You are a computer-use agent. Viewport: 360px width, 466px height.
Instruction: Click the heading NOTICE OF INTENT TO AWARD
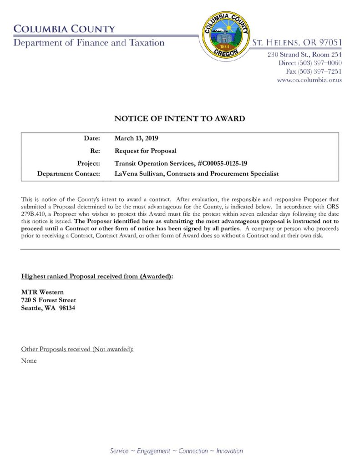pyautogui.click(x=179, y=119)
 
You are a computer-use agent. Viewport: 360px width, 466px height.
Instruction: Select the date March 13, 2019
pyautogui.click(x=136, y=138)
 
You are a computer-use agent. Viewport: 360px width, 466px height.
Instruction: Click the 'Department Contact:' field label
pyautogui.click(x=68, y=174)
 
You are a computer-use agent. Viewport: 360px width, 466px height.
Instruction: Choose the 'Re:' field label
pyautogui.click(x=95, y=151)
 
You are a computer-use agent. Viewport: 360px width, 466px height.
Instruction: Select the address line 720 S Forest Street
pyautogui.click(x=49, y=300)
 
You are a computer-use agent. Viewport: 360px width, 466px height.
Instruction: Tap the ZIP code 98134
pyautogui.click(x=67, y=308)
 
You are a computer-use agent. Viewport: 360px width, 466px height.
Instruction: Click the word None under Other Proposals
pyautogui.click(x=29, y=361)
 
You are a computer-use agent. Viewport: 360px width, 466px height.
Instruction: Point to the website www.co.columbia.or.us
pyautogui.click(x=309, y=80)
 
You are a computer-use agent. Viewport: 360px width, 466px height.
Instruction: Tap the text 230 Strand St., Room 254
pyautogui.click(x=304, y=55)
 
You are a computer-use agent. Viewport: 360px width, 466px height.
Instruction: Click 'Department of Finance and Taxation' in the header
pyautogui.click(x=89, y=43)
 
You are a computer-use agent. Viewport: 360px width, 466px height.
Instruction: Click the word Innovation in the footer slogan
pyautogui.click(x=229, y=451)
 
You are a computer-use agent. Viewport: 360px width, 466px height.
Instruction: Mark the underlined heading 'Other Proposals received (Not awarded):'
pyautogui.click(x=77, y=349)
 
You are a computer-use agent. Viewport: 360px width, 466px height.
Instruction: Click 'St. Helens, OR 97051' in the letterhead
pyautogui.click(x=297, y=43)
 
